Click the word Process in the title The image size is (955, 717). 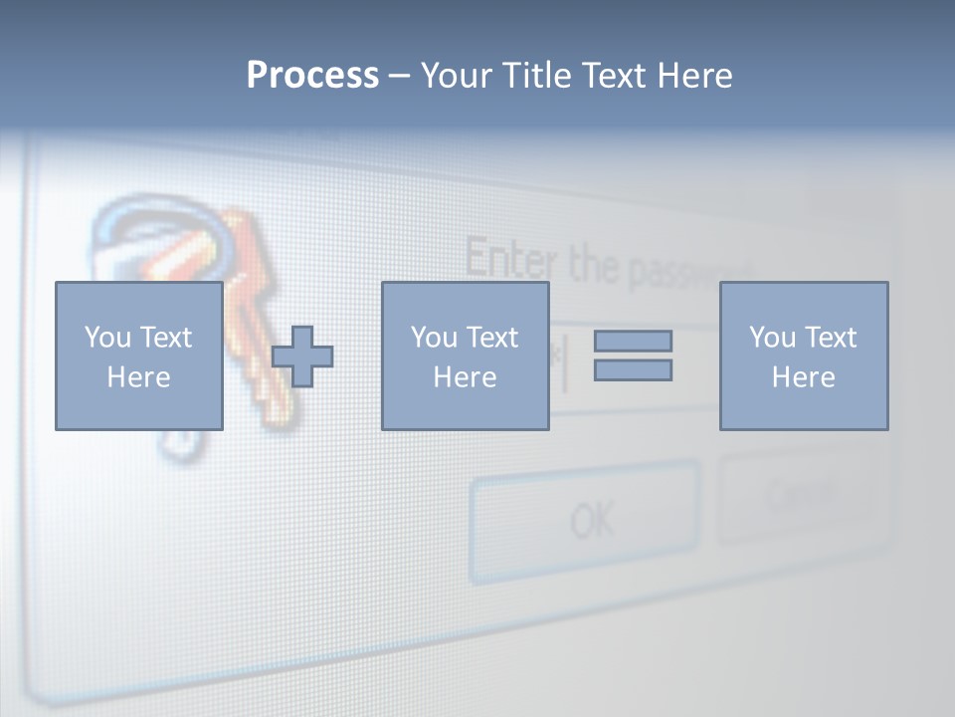(312, 76)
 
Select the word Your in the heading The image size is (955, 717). (459, 76)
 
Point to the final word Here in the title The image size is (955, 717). (694, 76)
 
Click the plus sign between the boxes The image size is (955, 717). (302, 357)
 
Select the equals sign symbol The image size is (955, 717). (633, 356)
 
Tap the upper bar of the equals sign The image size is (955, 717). (633, 341)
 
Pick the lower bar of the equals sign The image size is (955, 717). (633, 370)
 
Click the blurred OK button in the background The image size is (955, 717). (585, 519)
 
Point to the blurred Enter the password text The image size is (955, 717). (607, 265)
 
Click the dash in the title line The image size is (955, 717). (399, 76)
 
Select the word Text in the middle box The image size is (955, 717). (492, 338)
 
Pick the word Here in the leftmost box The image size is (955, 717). (138, 377)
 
